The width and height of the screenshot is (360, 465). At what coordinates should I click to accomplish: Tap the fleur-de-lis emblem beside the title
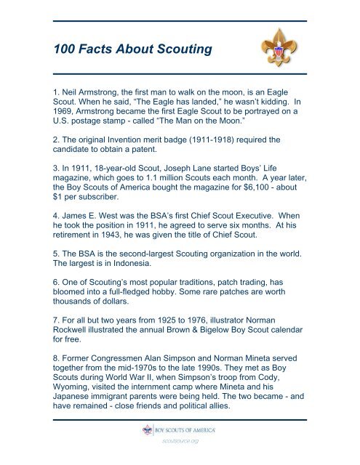click(x=277, y=47)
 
